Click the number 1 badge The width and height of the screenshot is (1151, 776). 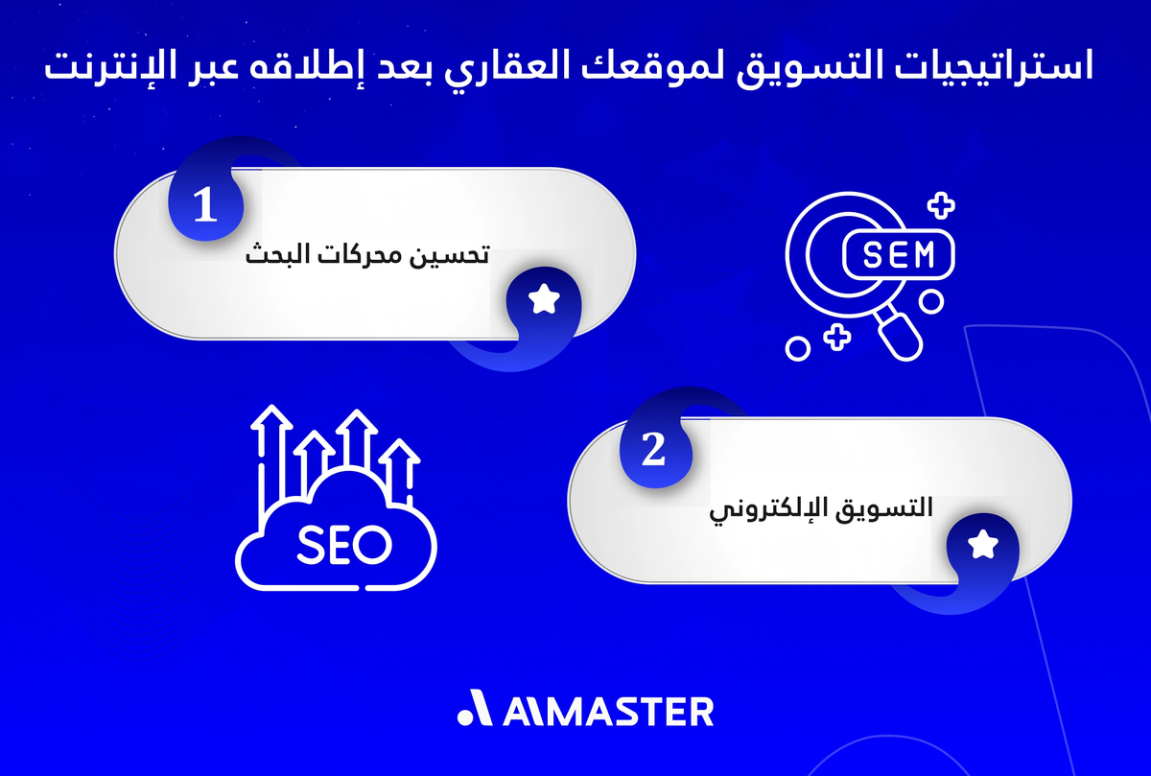204,207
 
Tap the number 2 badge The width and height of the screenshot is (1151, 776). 652,452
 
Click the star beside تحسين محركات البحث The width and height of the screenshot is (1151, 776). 545,301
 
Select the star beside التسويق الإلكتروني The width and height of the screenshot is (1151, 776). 983,546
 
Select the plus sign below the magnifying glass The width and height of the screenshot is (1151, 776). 837,336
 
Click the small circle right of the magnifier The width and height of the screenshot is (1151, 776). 930,301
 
